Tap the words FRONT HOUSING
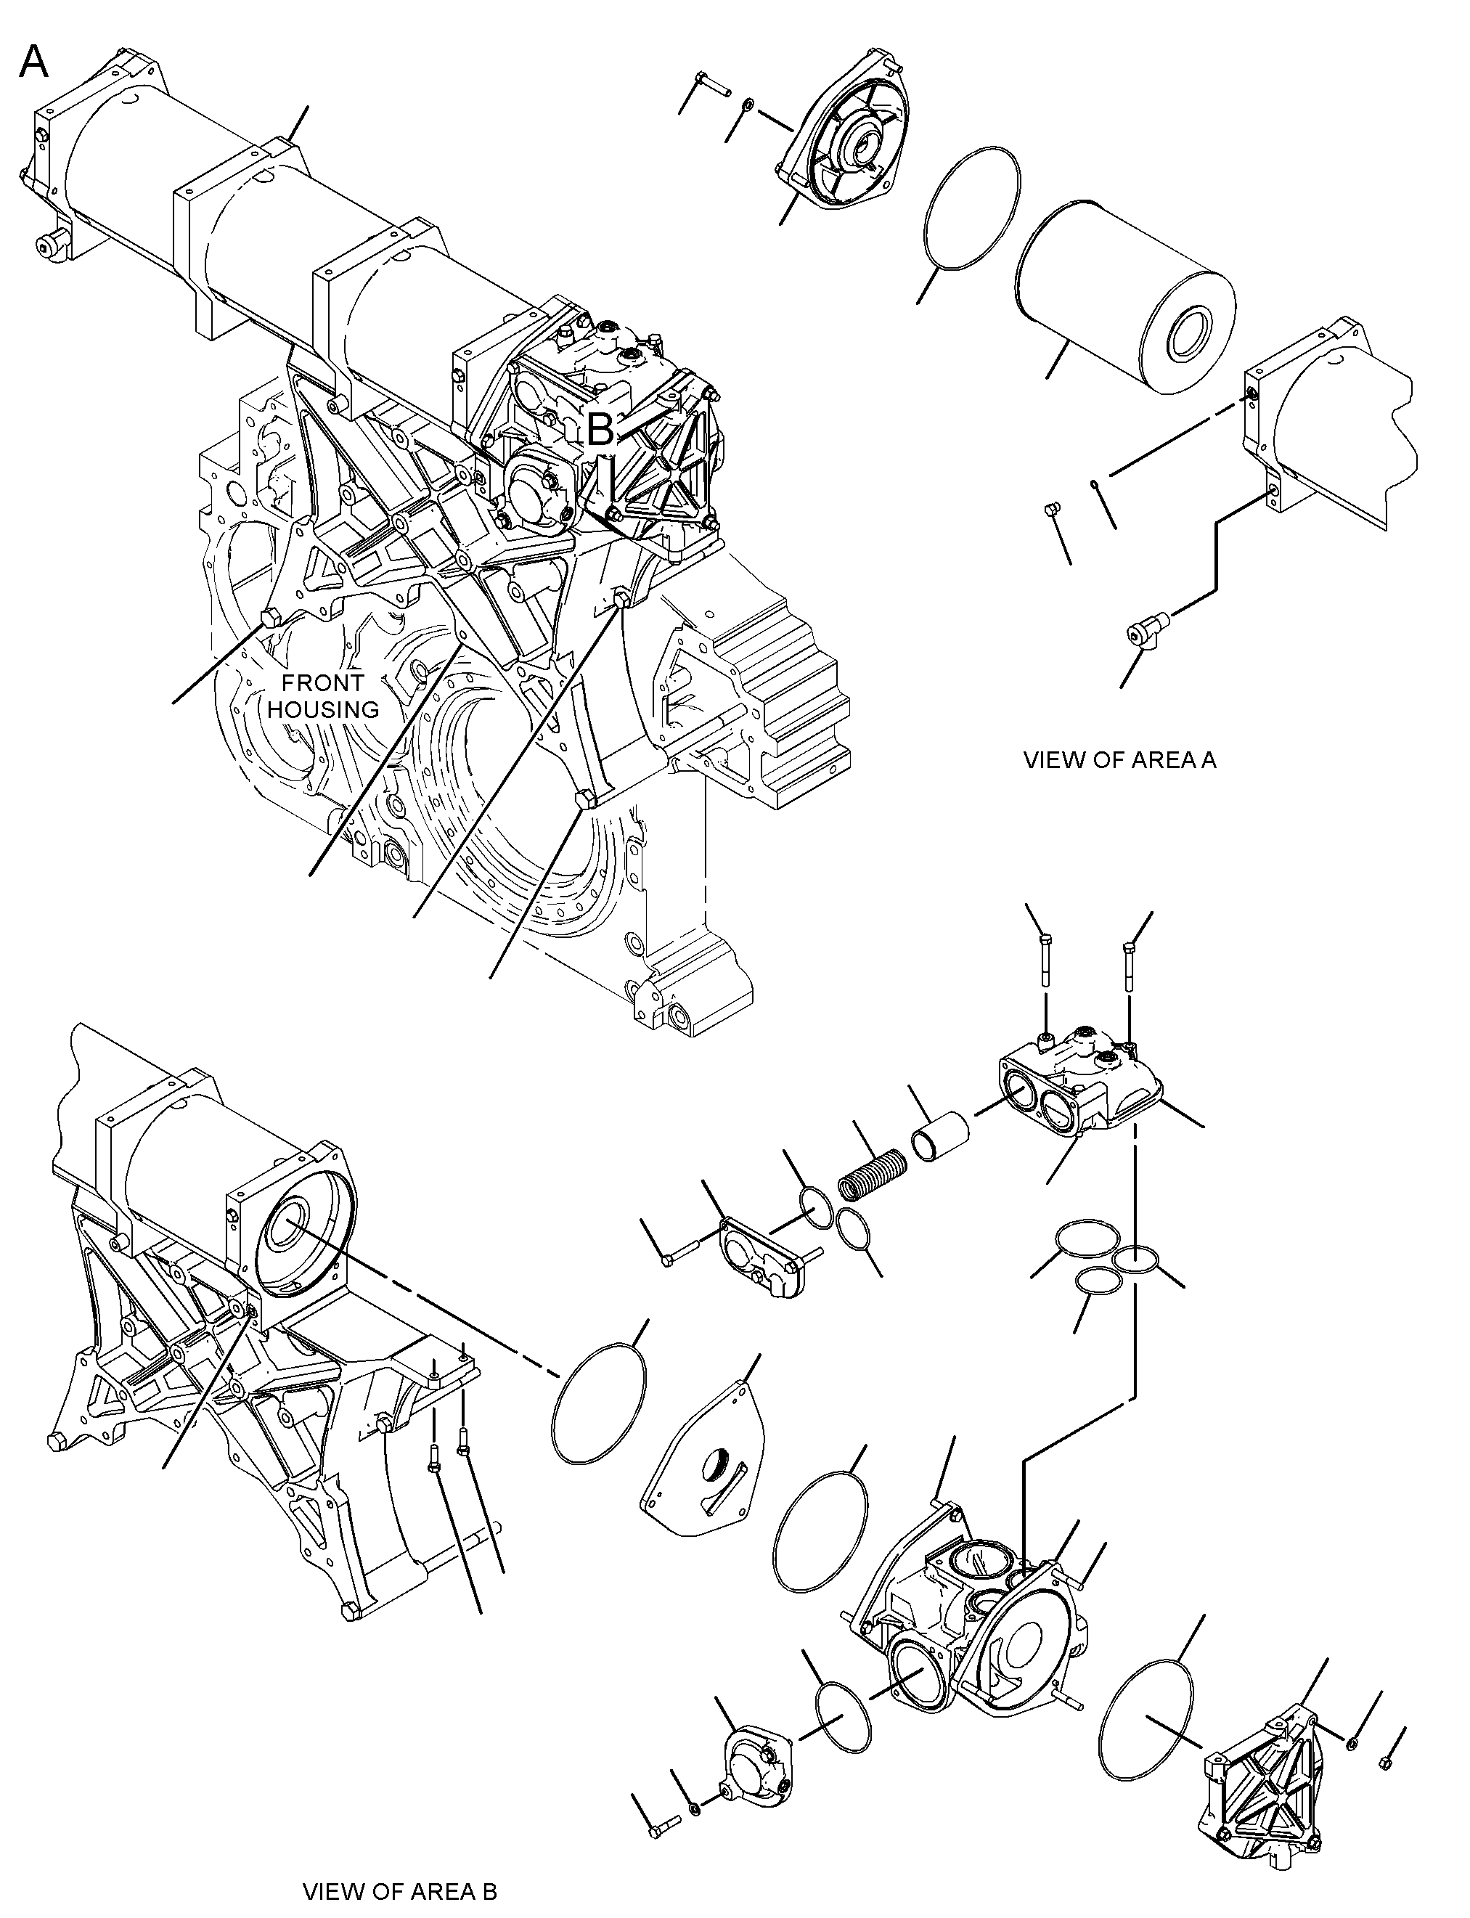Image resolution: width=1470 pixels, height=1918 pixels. pyautogui.click(x=324, y=695)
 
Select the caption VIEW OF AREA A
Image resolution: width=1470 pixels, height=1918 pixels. pyautogui.click(x=1120, y=759)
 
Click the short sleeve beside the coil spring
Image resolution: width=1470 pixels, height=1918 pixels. pyautogui.click(x=941, y=1133)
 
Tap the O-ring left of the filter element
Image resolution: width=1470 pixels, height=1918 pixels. pyautogui.click(x=971, y=208)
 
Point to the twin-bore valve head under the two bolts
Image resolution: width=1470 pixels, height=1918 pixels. pyautogui.click(x=1081, y=1085)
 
